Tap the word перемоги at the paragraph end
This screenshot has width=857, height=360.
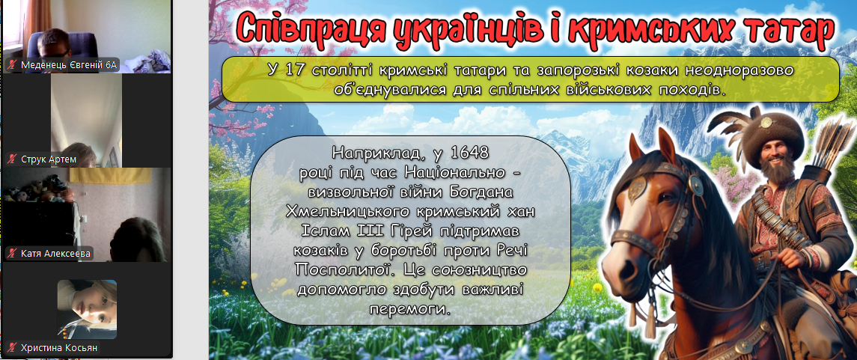409,308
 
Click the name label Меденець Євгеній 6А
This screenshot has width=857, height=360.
69,65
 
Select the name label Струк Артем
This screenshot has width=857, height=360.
49,159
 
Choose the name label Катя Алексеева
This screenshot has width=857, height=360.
55,254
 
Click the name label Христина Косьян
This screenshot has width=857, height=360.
60,347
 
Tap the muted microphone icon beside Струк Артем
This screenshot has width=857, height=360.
11,159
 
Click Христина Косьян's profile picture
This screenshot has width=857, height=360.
87,309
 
